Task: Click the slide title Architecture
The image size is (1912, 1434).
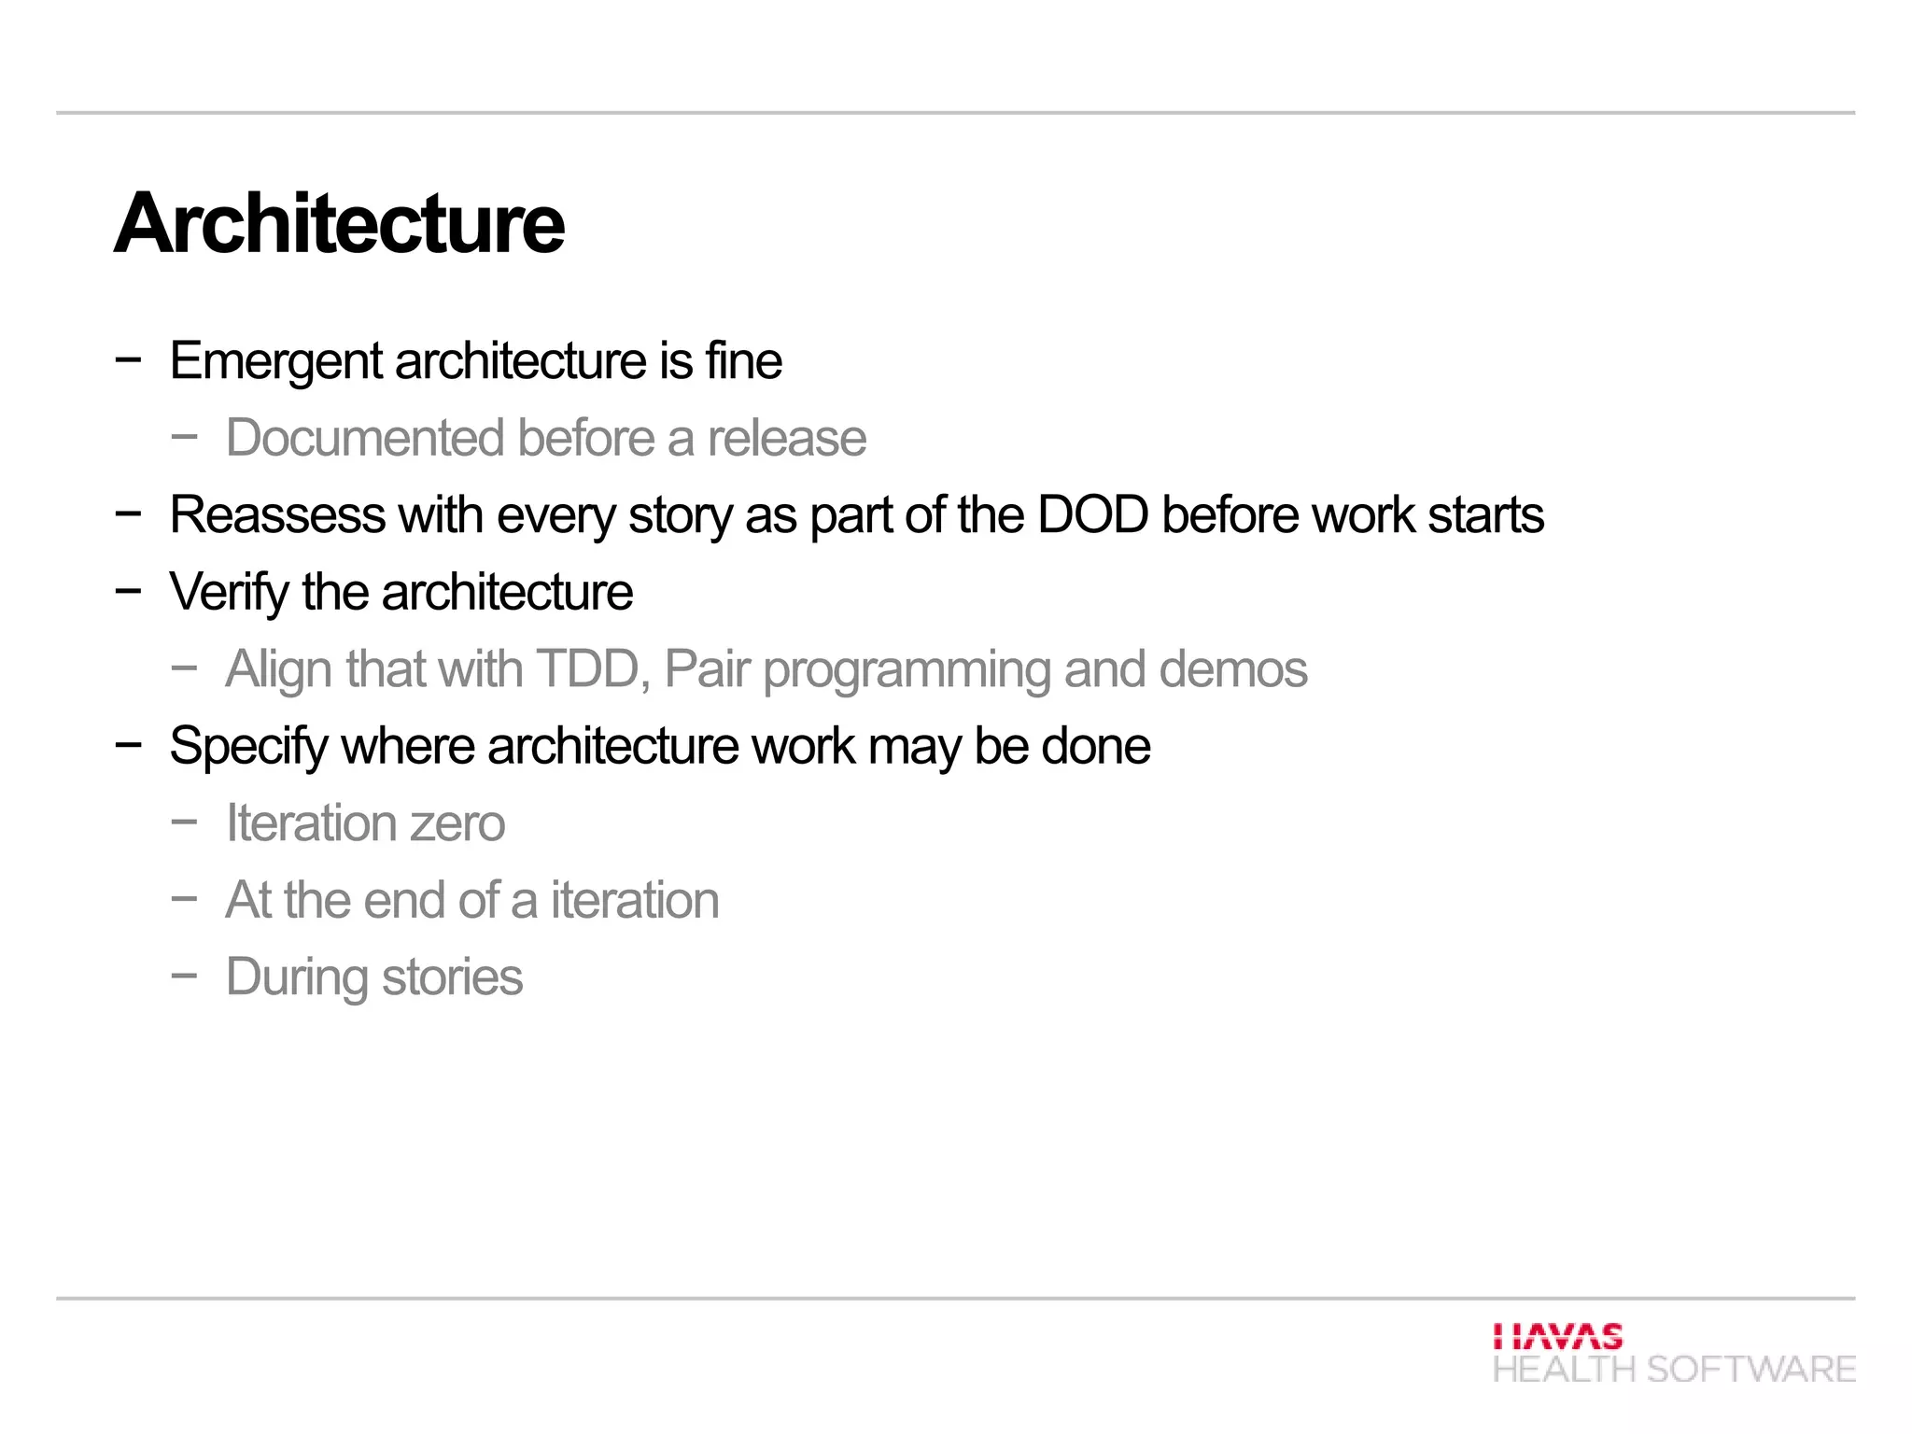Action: tap(339, 224)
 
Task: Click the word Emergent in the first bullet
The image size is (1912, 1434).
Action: tap(275, 361)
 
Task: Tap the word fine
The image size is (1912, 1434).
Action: tap(744, 361)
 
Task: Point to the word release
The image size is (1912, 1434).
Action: tap(787, 438)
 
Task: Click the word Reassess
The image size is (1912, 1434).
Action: tap(277, 515)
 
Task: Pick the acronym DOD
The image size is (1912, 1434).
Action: tap(1092, 515)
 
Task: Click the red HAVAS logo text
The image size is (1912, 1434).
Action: tap(1557, 1336)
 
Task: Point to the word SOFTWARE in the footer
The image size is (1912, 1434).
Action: tap(1750, 1370)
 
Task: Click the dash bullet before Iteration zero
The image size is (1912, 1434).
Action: tap(184, 822)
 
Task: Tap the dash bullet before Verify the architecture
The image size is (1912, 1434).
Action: tap(128, 591)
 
